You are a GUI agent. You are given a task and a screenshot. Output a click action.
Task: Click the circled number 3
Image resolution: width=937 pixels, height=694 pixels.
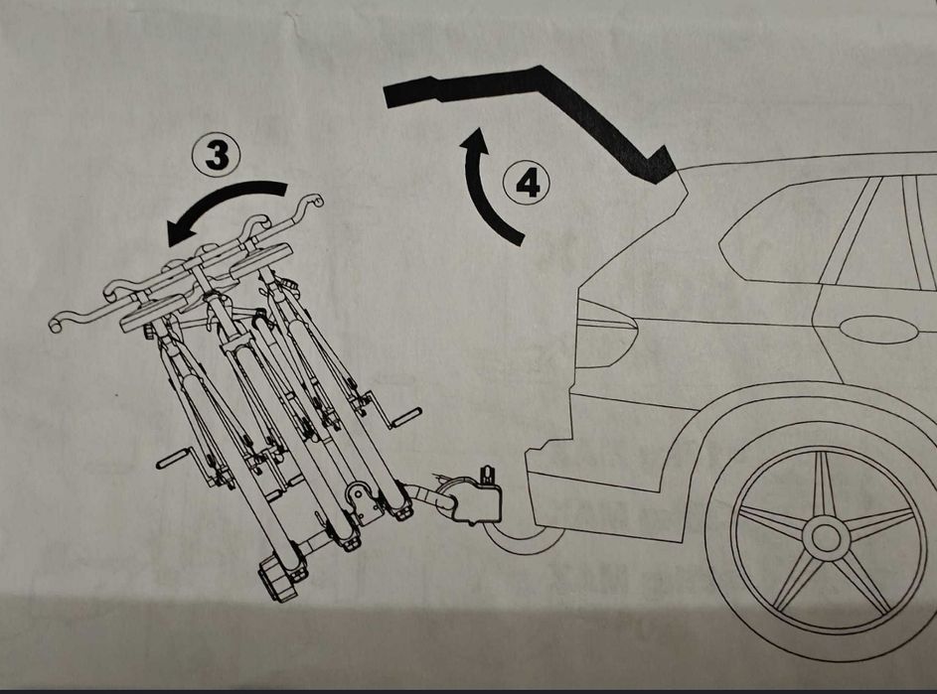pos(216,155)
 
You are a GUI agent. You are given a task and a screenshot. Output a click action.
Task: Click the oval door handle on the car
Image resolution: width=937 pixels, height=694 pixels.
pos(877,329)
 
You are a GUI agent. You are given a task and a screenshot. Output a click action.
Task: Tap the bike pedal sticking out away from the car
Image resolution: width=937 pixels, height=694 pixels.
pos(173,461)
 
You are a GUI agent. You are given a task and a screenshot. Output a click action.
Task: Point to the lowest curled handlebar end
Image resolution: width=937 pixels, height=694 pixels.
pos(57,322)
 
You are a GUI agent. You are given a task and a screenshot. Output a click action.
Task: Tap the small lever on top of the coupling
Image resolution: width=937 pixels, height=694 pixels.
pos(487,475)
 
